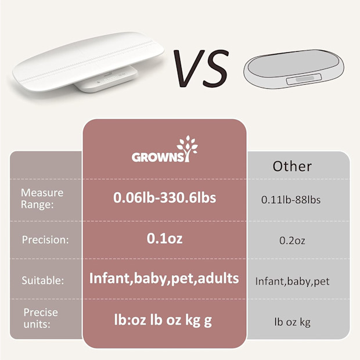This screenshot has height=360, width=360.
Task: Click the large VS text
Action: coord(201,68)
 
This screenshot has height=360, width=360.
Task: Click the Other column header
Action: coord(292,166)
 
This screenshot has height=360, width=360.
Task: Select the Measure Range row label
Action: coord(42,198)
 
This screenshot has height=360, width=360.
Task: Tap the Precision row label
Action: coord(45,239)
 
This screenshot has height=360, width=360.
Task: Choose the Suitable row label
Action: coord(43,280)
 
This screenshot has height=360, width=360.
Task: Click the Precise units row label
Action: coord(41,318)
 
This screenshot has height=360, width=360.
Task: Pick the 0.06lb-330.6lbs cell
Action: coord(164,198)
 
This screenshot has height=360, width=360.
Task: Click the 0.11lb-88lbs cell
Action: coord(291,200)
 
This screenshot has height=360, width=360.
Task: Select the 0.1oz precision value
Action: coord(164,239)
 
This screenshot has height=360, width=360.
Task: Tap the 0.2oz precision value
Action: coord(291,240)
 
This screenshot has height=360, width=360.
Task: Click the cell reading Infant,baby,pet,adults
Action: coord(164,278)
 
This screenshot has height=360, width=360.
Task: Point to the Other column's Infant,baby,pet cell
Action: coord(292,282)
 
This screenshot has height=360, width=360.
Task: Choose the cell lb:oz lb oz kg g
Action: coord(164,319)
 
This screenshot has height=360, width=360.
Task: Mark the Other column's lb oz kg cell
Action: coord(291,321)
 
